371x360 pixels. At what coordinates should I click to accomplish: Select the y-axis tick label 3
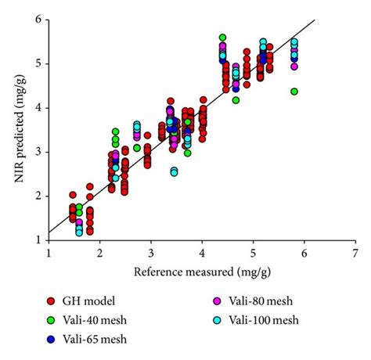(x=37, y=152)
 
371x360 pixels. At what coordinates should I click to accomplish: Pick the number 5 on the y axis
(x=37, y=63)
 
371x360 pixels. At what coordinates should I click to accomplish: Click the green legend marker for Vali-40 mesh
(x=50, y=320)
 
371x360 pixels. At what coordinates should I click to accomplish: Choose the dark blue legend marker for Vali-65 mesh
(x=50, y=339)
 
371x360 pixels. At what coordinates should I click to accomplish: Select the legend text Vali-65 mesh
(x=95, y=339)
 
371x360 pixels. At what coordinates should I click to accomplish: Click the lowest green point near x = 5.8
(x=294, y=92)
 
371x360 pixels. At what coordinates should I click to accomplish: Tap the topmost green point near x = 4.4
(x=222, y=38)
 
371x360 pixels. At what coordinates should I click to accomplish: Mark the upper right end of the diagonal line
(x=315, y=20)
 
